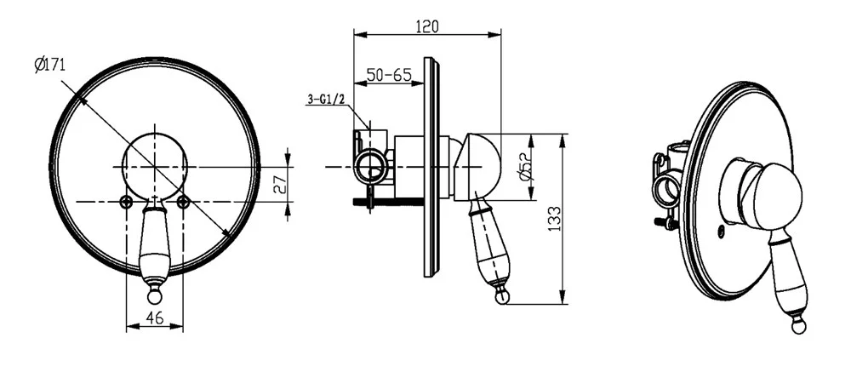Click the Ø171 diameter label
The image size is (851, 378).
click(x=49, y=66)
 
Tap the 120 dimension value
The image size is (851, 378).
click(x=426, y=26)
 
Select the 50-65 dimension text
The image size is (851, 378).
click(x=389, y=74)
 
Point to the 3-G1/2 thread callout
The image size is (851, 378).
click(x=326, y=99)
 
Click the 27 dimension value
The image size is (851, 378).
click(x=279, y=185)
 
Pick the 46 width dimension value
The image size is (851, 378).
click(x=155, y=318)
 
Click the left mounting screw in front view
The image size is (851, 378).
click(x=126, y=202)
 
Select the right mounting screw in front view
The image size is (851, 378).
click(x=184, y=202)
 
